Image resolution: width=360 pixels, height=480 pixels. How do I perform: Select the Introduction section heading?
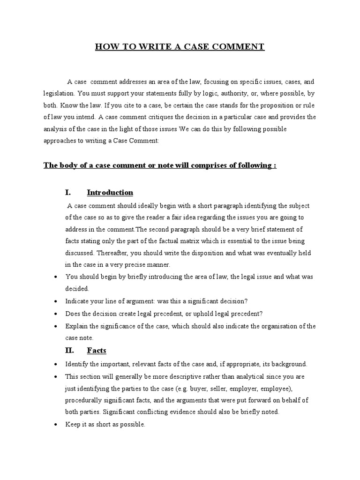(110, 193)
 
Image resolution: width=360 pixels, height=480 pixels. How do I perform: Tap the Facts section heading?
(97, 351)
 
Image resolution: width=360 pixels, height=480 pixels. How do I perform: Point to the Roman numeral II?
(69, 351)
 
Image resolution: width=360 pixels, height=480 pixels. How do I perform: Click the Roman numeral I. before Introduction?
(67, 193)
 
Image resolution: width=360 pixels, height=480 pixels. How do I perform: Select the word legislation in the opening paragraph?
(59, 93)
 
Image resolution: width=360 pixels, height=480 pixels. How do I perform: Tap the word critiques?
(174, 117)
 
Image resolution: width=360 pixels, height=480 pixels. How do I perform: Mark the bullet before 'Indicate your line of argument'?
(55, 301)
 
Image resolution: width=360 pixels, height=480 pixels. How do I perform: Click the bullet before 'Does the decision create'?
(55, 314)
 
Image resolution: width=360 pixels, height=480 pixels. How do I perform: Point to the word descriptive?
(174, 377)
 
